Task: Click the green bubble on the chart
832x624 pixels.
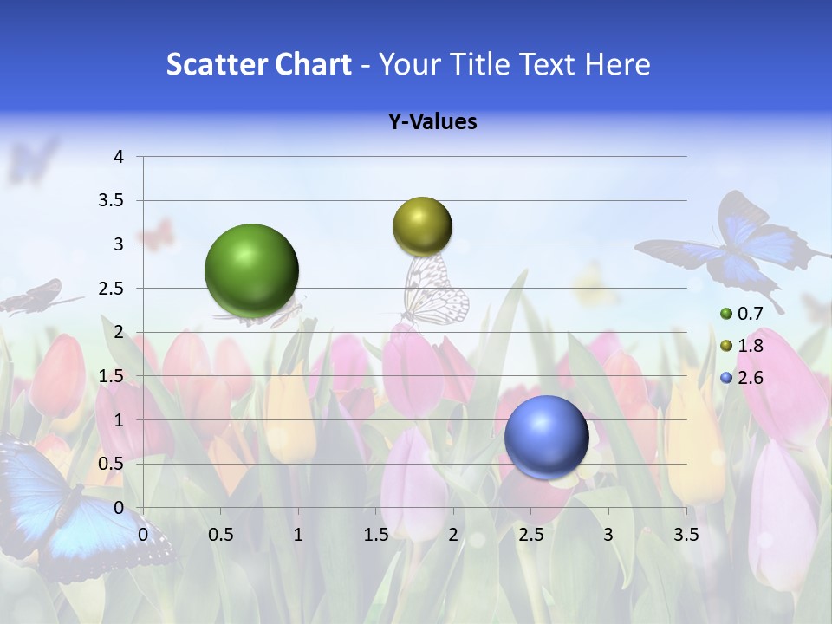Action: coord(251,270)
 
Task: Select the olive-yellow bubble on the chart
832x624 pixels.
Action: coord(422,226)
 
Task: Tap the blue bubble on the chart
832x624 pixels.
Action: coord(546,436)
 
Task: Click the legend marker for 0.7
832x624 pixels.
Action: coord(726,314)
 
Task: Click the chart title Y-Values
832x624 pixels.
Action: coord(432,122)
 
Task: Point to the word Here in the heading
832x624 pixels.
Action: coord(617,64)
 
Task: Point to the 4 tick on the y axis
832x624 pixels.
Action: coord(119,157)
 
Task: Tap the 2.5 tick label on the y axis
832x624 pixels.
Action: coord(111,289)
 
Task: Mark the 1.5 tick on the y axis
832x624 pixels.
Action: coord(111,376)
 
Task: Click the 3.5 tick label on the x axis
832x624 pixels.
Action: coord(686,535)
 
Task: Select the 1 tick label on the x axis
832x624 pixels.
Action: coord(298,535)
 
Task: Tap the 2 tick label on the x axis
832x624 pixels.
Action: coord(453,535)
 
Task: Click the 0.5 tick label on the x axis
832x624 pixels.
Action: coord(220,535)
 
